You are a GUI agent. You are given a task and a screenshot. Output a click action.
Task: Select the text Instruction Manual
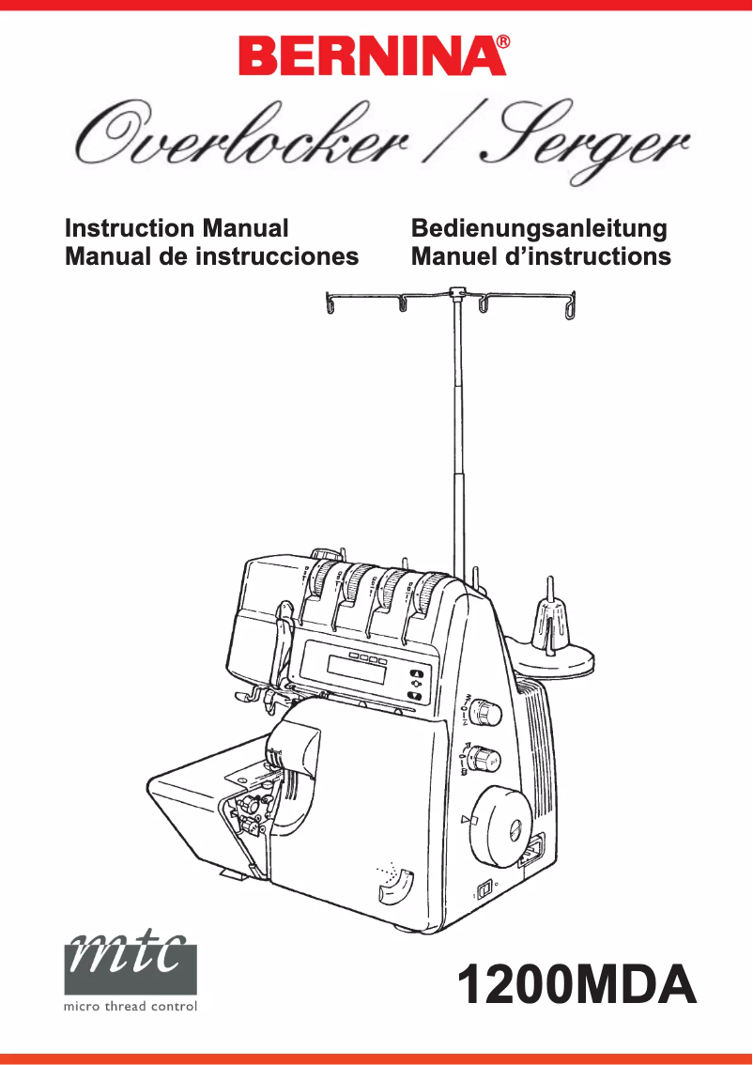(x=177, y=228)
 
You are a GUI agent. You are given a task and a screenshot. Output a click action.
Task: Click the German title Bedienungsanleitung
(x=539, y=228)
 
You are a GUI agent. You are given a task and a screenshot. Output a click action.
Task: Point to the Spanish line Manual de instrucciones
(x=211, y=256)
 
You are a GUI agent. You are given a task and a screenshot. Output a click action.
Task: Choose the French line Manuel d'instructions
(x=541, y=256)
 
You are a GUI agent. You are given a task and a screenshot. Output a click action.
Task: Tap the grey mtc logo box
(x=131, y=960)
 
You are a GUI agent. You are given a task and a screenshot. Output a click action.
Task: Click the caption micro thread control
(x=131, y=1007)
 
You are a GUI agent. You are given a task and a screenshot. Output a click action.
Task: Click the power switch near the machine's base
(x=484, y=888)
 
